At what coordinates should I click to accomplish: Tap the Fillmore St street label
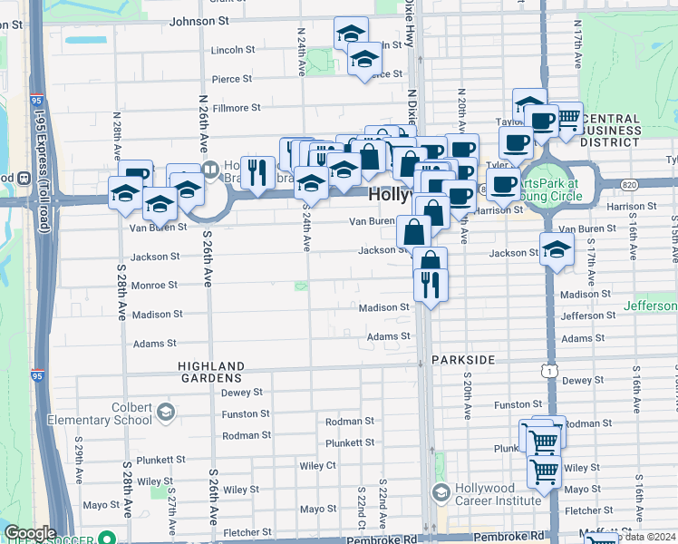point(237,108)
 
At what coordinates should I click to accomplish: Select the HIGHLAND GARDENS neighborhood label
point(211,372)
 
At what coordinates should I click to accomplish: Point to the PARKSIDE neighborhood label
point(463,360)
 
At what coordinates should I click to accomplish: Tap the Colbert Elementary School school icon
point(165,413)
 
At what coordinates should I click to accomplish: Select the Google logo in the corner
point(30,533)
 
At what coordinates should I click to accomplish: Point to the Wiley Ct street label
point(317,466)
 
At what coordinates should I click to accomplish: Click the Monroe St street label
point(155,285)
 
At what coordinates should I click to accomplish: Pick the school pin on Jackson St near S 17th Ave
point(556,250)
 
